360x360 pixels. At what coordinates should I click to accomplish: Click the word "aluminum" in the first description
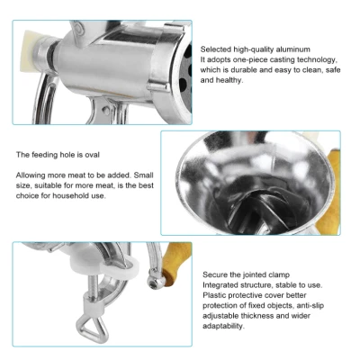click(x=293, y=49)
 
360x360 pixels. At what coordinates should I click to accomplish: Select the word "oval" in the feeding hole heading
click(x=92, y=155)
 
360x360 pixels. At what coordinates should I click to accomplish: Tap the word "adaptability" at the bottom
click(x=223, y=326)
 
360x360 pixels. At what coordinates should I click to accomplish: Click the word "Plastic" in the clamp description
click(x=214, y=295)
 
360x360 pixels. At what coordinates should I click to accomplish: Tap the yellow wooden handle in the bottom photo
click(x=176, y=262)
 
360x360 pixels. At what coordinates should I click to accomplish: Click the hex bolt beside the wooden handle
click(x=154, y=283)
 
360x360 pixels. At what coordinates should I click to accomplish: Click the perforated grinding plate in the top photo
click(x=184, y=78)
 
